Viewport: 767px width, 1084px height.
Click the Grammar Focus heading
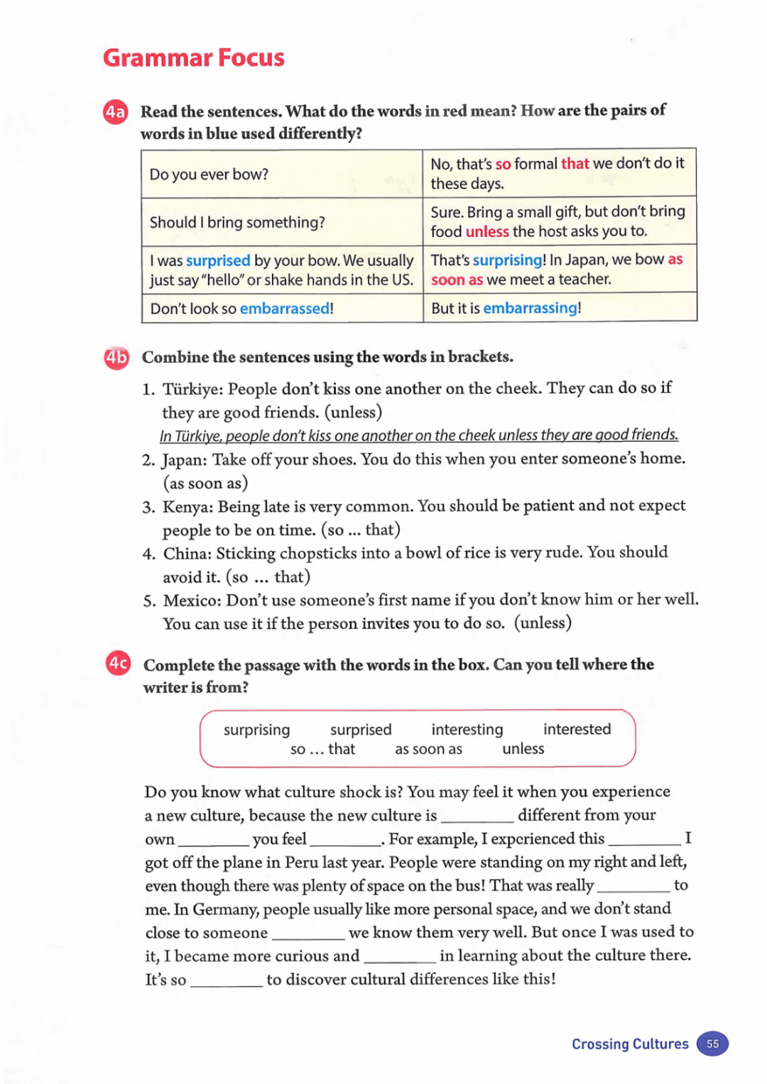[x=193, y=58]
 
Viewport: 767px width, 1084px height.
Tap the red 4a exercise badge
[x=116, y=112]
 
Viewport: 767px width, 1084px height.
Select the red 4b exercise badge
[x=116, y=358]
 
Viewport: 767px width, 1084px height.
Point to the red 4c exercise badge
[x=118, y=663]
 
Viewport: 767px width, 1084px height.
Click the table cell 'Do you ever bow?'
[x=209, y=174]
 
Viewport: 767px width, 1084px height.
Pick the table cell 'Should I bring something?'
[x=237, y=222]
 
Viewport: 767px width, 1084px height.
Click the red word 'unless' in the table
[x=487, y=231]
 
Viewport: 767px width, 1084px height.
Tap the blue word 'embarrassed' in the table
[x=284, y=309]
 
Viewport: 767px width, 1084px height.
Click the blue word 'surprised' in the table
[x=218, y=261]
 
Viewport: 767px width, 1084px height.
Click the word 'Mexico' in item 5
[x=192, y=601]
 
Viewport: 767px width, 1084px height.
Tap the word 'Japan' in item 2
[x=184, y=460]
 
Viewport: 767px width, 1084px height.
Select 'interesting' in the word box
[x=467, y=730]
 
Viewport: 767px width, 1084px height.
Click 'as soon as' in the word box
[x=428, y=750]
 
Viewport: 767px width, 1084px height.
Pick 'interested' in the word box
[x=577, y=729]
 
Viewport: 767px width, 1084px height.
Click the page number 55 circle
[x=712, y=1044]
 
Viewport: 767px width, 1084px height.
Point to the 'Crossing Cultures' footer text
[x=630, y=1044]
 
